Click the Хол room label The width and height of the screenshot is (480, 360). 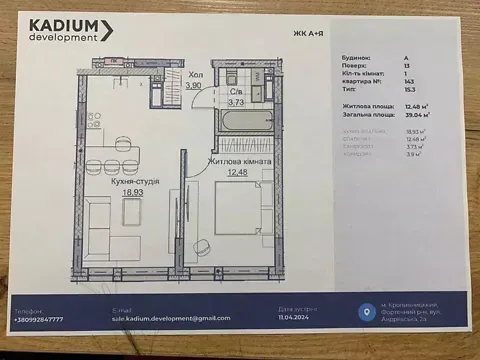[195, 75]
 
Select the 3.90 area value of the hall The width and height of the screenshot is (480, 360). [196, 87]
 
